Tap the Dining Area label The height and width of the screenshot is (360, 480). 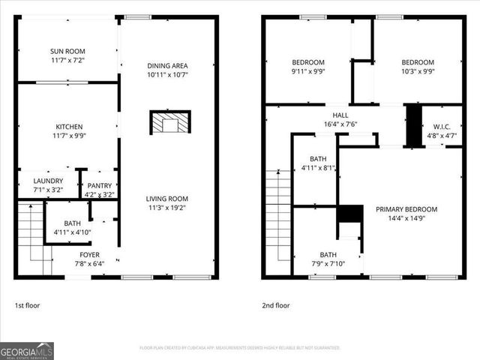pyautogui.click(x=166, y=66)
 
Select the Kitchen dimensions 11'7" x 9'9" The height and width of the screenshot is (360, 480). pyautogui.click(x=68, y=136)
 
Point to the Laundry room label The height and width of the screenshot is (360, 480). pyautogui.click(x=48, y=181)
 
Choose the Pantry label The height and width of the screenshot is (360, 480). pyautogui.click(x=99, y=185)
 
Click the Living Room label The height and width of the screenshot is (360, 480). pyautogui.click(x=166, y=199)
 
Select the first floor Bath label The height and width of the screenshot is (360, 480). pyautogui.click(x=72, y=223)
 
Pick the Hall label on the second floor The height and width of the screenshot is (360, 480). pyautogui.click(x=340, y=115)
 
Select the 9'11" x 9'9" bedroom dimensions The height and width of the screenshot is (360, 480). pyautogui.click(x=308, y=72)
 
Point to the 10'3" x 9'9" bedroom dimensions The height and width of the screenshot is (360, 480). pyautogui.click(x=418, y=72)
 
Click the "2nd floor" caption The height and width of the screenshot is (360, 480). pyautogui.click(x=275, y=305)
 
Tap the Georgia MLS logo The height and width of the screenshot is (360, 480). pyautogui.click(x=27, y=350)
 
